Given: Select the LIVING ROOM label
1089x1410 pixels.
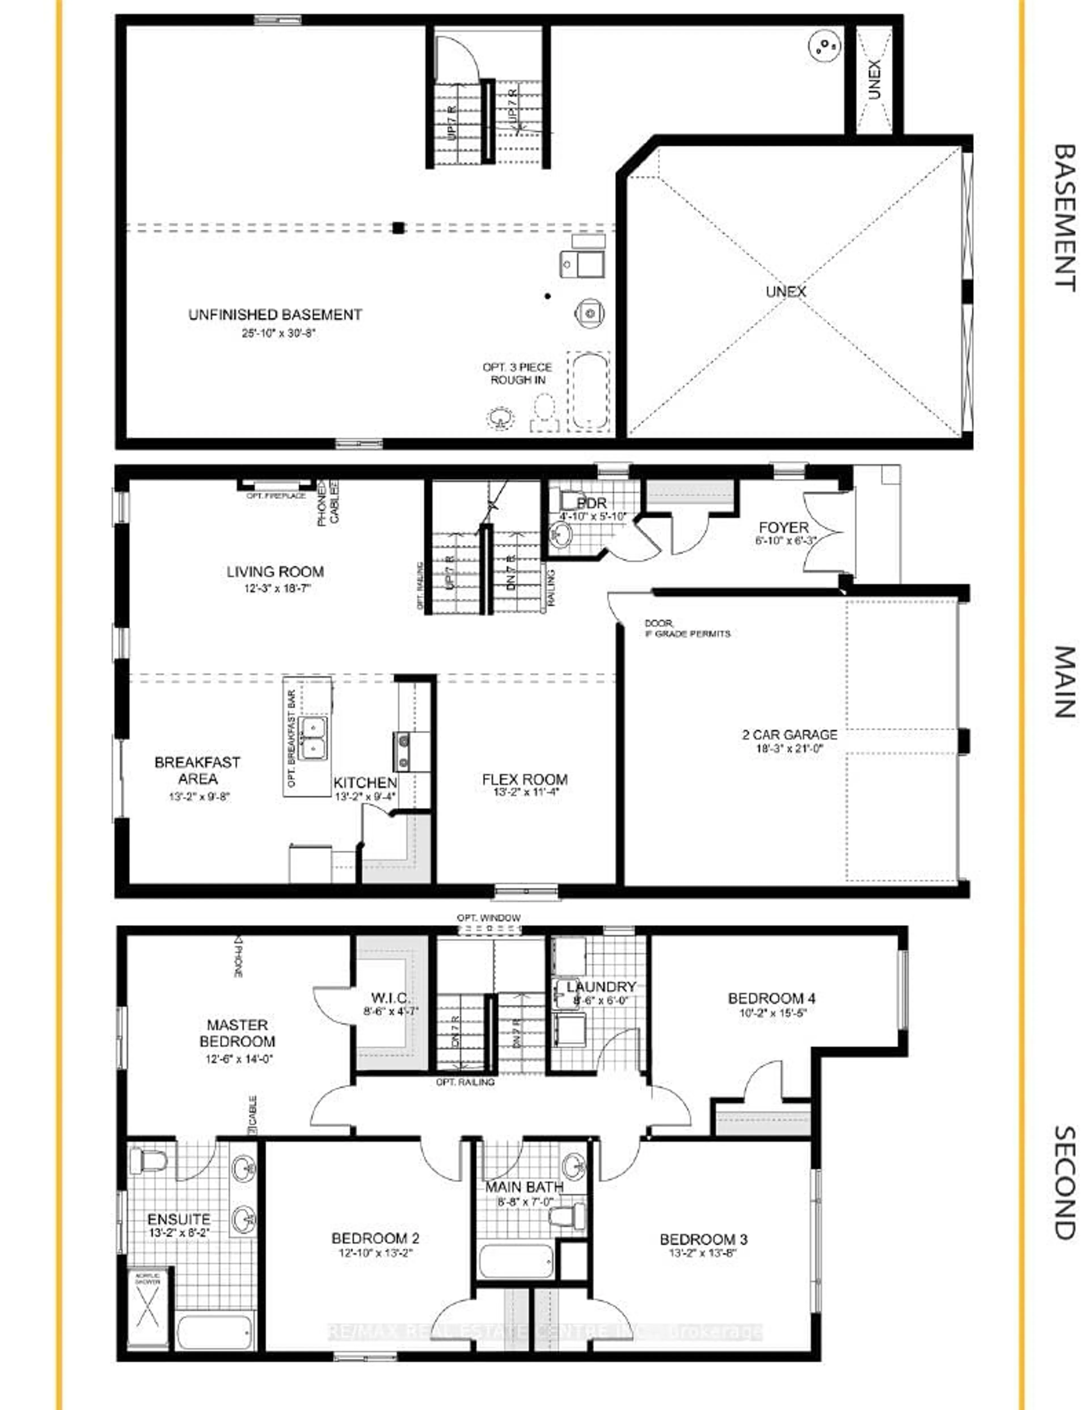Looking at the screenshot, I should coord(275,572).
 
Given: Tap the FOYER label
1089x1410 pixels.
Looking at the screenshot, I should coord(784,528).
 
